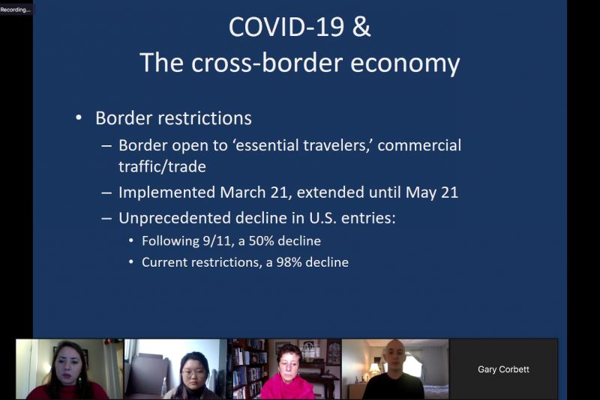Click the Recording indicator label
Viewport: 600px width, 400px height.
tap(15, 10)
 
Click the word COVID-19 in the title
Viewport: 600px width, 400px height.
tap(286, 27)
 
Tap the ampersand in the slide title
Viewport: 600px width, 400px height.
tap(361, 27)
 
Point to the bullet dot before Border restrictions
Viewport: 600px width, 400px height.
tap(79, 118)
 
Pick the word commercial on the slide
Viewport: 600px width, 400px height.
tap(419, 145)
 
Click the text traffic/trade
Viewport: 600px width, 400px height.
tap(162, 166)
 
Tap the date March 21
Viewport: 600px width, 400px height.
tap(253, 193)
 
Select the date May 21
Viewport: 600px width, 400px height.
tap(432, 193)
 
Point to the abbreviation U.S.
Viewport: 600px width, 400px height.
tap(323, 218)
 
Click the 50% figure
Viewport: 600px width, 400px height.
tap(261, 241)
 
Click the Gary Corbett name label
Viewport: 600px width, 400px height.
tap(503, 369)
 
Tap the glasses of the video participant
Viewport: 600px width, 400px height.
tap(194, 372)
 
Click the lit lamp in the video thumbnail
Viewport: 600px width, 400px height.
tap(373, 369)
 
